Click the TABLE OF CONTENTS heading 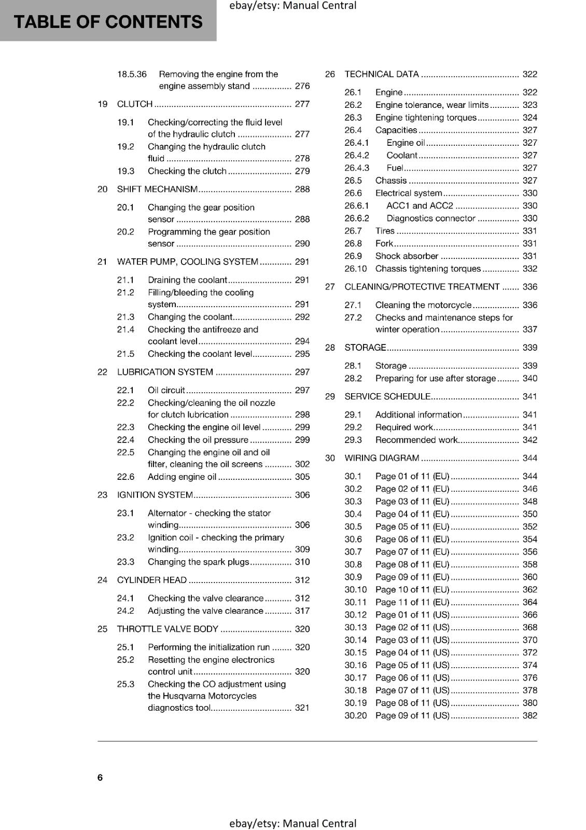click(x=108, y=22)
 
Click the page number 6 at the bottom click(x=100, y=777)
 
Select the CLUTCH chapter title click(x=135, y=104)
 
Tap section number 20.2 click(x=125, y=232)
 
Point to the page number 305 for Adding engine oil click(x=302, y=477)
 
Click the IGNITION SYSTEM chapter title click(x=155, y=495)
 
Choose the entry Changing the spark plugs click(x=199, y=562)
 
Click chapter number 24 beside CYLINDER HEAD click(x=103, y=580)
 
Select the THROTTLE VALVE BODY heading click(x=168, y=629)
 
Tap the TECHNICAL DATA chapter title click(x=382, y=74)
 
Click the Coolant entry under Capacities click(x=402, y=155)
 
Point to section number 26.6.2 click(x=357, y=218)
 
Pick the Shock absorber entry click(x=407, y=256)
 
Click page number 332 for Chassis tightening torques click(x=530, y=269)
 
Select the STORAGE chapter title click(x=365, y=348)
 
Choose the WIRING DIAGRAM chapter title click(x=382, y=458)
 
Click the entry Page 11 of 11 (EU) click(x=412, y=602)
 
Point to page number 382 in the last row click(x=530, y=715)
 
